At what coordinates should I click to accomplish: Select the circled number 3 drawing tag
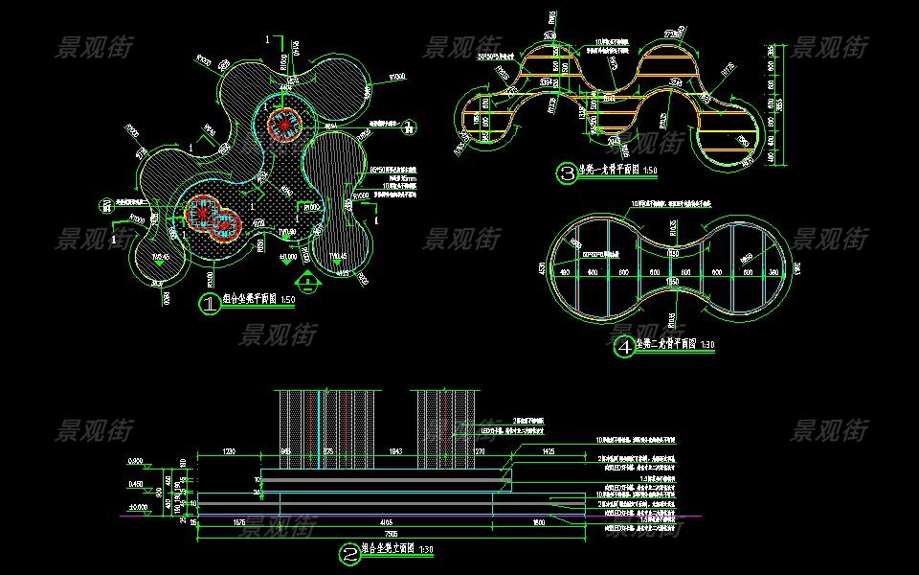point(569,173)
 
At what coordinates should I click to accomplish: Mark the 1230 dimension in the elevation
point(230,449)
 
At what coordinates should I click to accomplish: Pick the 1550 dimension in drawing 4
point(673,284)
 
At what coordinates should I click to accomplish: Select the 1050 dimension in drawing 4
point(674,253)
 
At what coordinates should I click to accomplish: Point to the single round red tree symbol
point(282,122)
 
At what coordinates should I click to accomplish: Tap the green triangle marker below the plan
point(306,280)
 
